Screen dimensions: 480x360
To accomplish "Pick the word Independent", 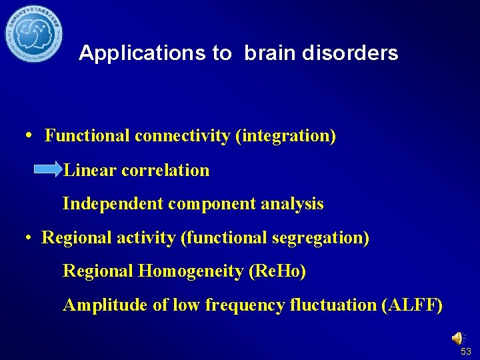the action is click(113, 204).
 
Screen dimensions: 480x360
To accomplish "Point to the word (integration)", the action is click(286, 137).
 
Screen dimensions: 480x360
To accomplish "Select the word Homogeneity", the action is click(191, 271).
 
